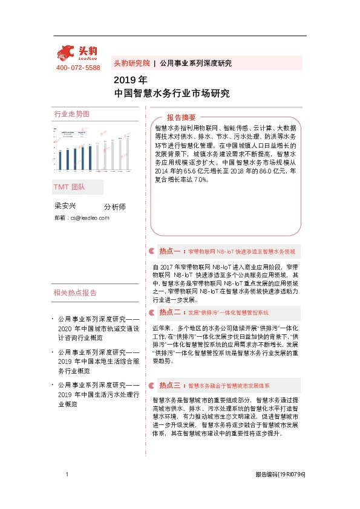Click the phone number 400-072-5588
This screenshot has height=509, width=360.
click(78, 68)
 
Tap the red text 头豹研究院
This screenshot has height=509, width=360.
click(131, 63)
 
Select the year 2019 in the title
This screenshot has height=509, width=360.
click(123, 80)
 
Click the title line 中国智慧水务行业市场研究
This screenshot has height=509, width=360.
click(172, 94)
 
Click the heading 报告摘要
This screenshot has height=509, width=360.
click(182, 117)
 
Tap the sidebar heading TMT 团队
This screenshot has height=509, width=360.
click(70, 187)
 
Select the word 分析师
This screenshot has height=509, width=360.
click(115, 207)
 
